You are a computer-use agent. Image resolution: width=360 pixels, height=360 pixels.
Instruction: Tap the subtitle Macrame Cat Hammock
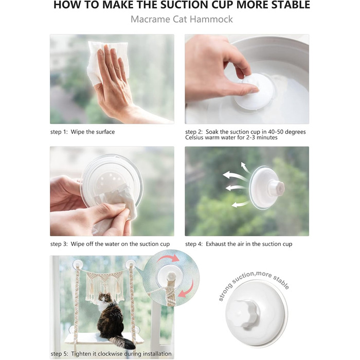182,20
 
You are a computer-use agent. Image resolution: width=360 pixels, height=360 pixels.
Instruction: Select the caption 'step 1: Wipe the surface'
82,132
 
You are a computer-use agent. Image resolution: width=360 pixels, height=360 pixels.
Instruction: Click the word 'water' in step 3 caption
112,244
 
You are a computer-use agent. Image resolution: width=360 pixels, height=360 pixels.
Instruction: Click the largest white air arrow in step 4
234,176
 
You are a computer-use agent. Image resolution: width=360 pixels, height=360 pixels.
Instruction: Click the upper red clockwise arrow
168,258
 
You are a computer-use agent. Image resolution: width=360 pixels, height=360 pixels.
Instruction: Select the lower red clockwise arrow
187,290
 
